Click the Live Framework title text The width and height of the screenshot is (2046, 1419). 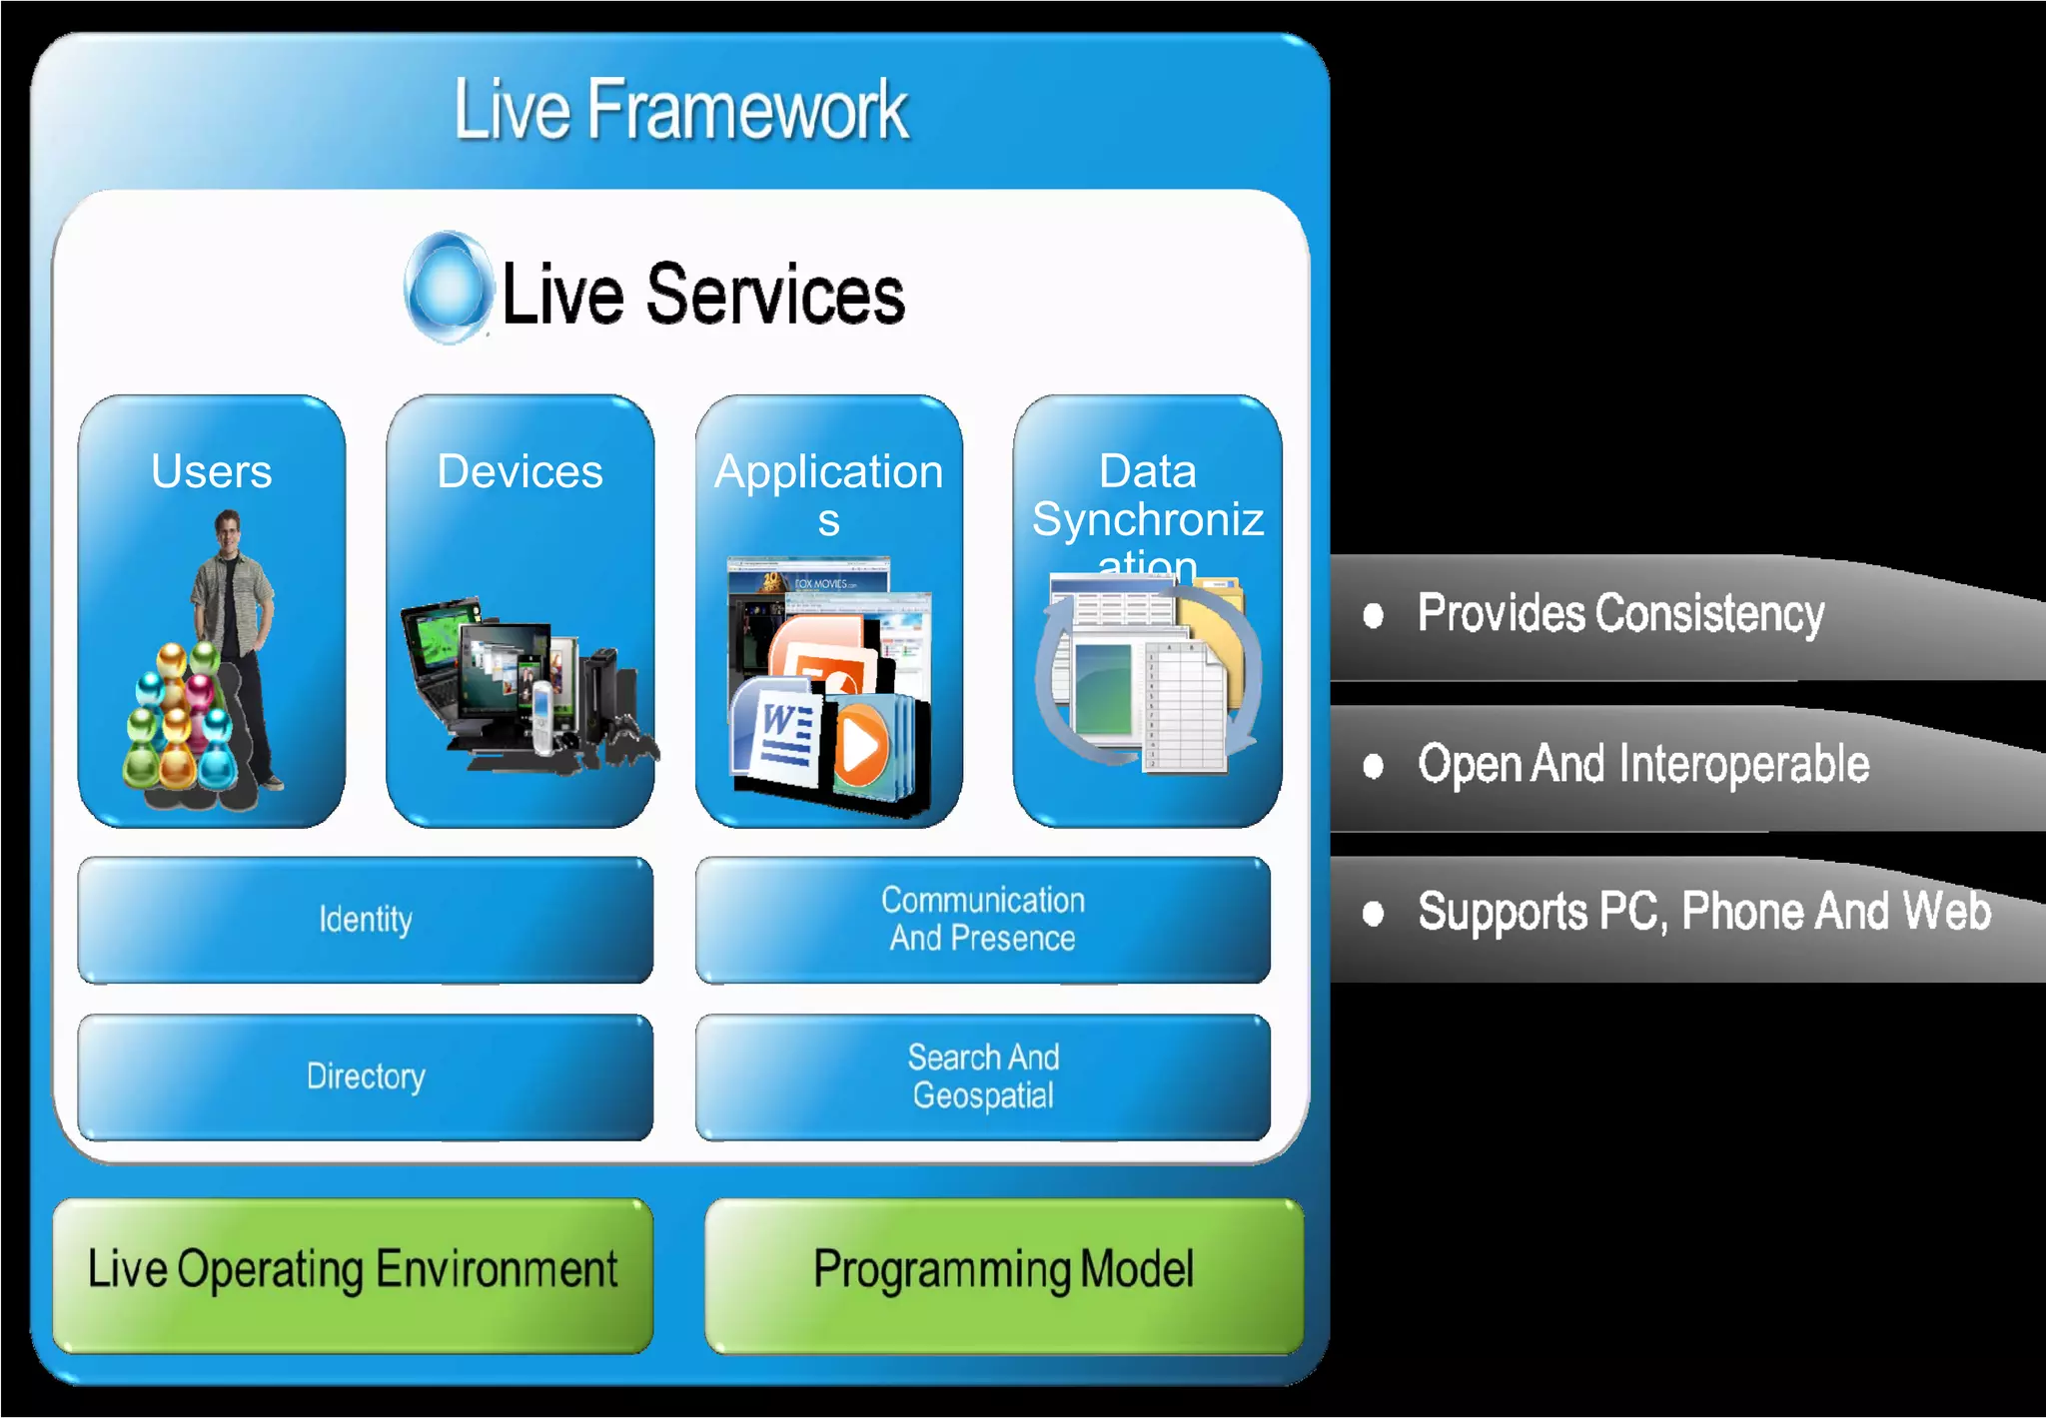coord(680,110)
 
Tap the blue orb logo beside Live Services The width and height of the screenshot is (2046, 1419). coord(449,288)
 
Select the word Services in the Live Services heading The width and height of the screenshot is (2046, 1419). coord(775,295)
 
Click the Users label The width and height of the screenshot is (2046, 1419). coord(211,471)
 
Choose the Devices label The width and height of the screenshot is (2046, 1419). coord(519,471)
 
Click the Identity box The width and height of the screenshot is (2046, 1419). coord(366,920)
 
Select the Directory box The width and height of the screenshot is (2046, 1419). coord(366,1076)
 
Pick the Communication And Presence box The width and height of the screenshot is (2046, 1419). coord(982,920)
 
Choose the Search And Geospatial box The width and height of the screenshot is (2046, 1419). coord(982,1076)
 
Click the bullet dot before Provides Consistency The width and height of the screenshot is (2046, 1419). coord(1374,615)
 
